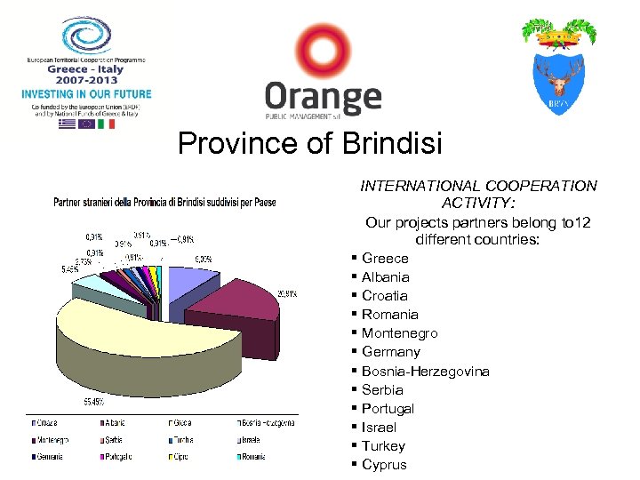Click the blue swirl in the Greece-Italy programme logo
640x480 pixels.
85,36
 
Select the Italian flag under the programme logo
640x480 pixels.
106,124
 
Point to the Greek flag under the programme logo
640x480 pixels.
67,124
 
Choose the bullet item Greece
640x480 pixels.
385,259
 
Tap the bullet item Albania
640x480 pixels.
385,277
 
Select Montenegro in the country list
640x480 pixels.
399,333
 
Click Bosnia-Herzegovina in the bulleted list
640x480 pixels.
425,372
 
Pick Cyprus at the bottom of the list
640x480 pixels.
384,465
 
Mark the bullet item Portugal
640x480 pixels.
388,409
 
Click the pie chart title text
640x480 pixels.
164,203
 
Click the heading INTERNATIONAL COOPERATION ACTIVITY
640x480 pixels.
478,194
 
